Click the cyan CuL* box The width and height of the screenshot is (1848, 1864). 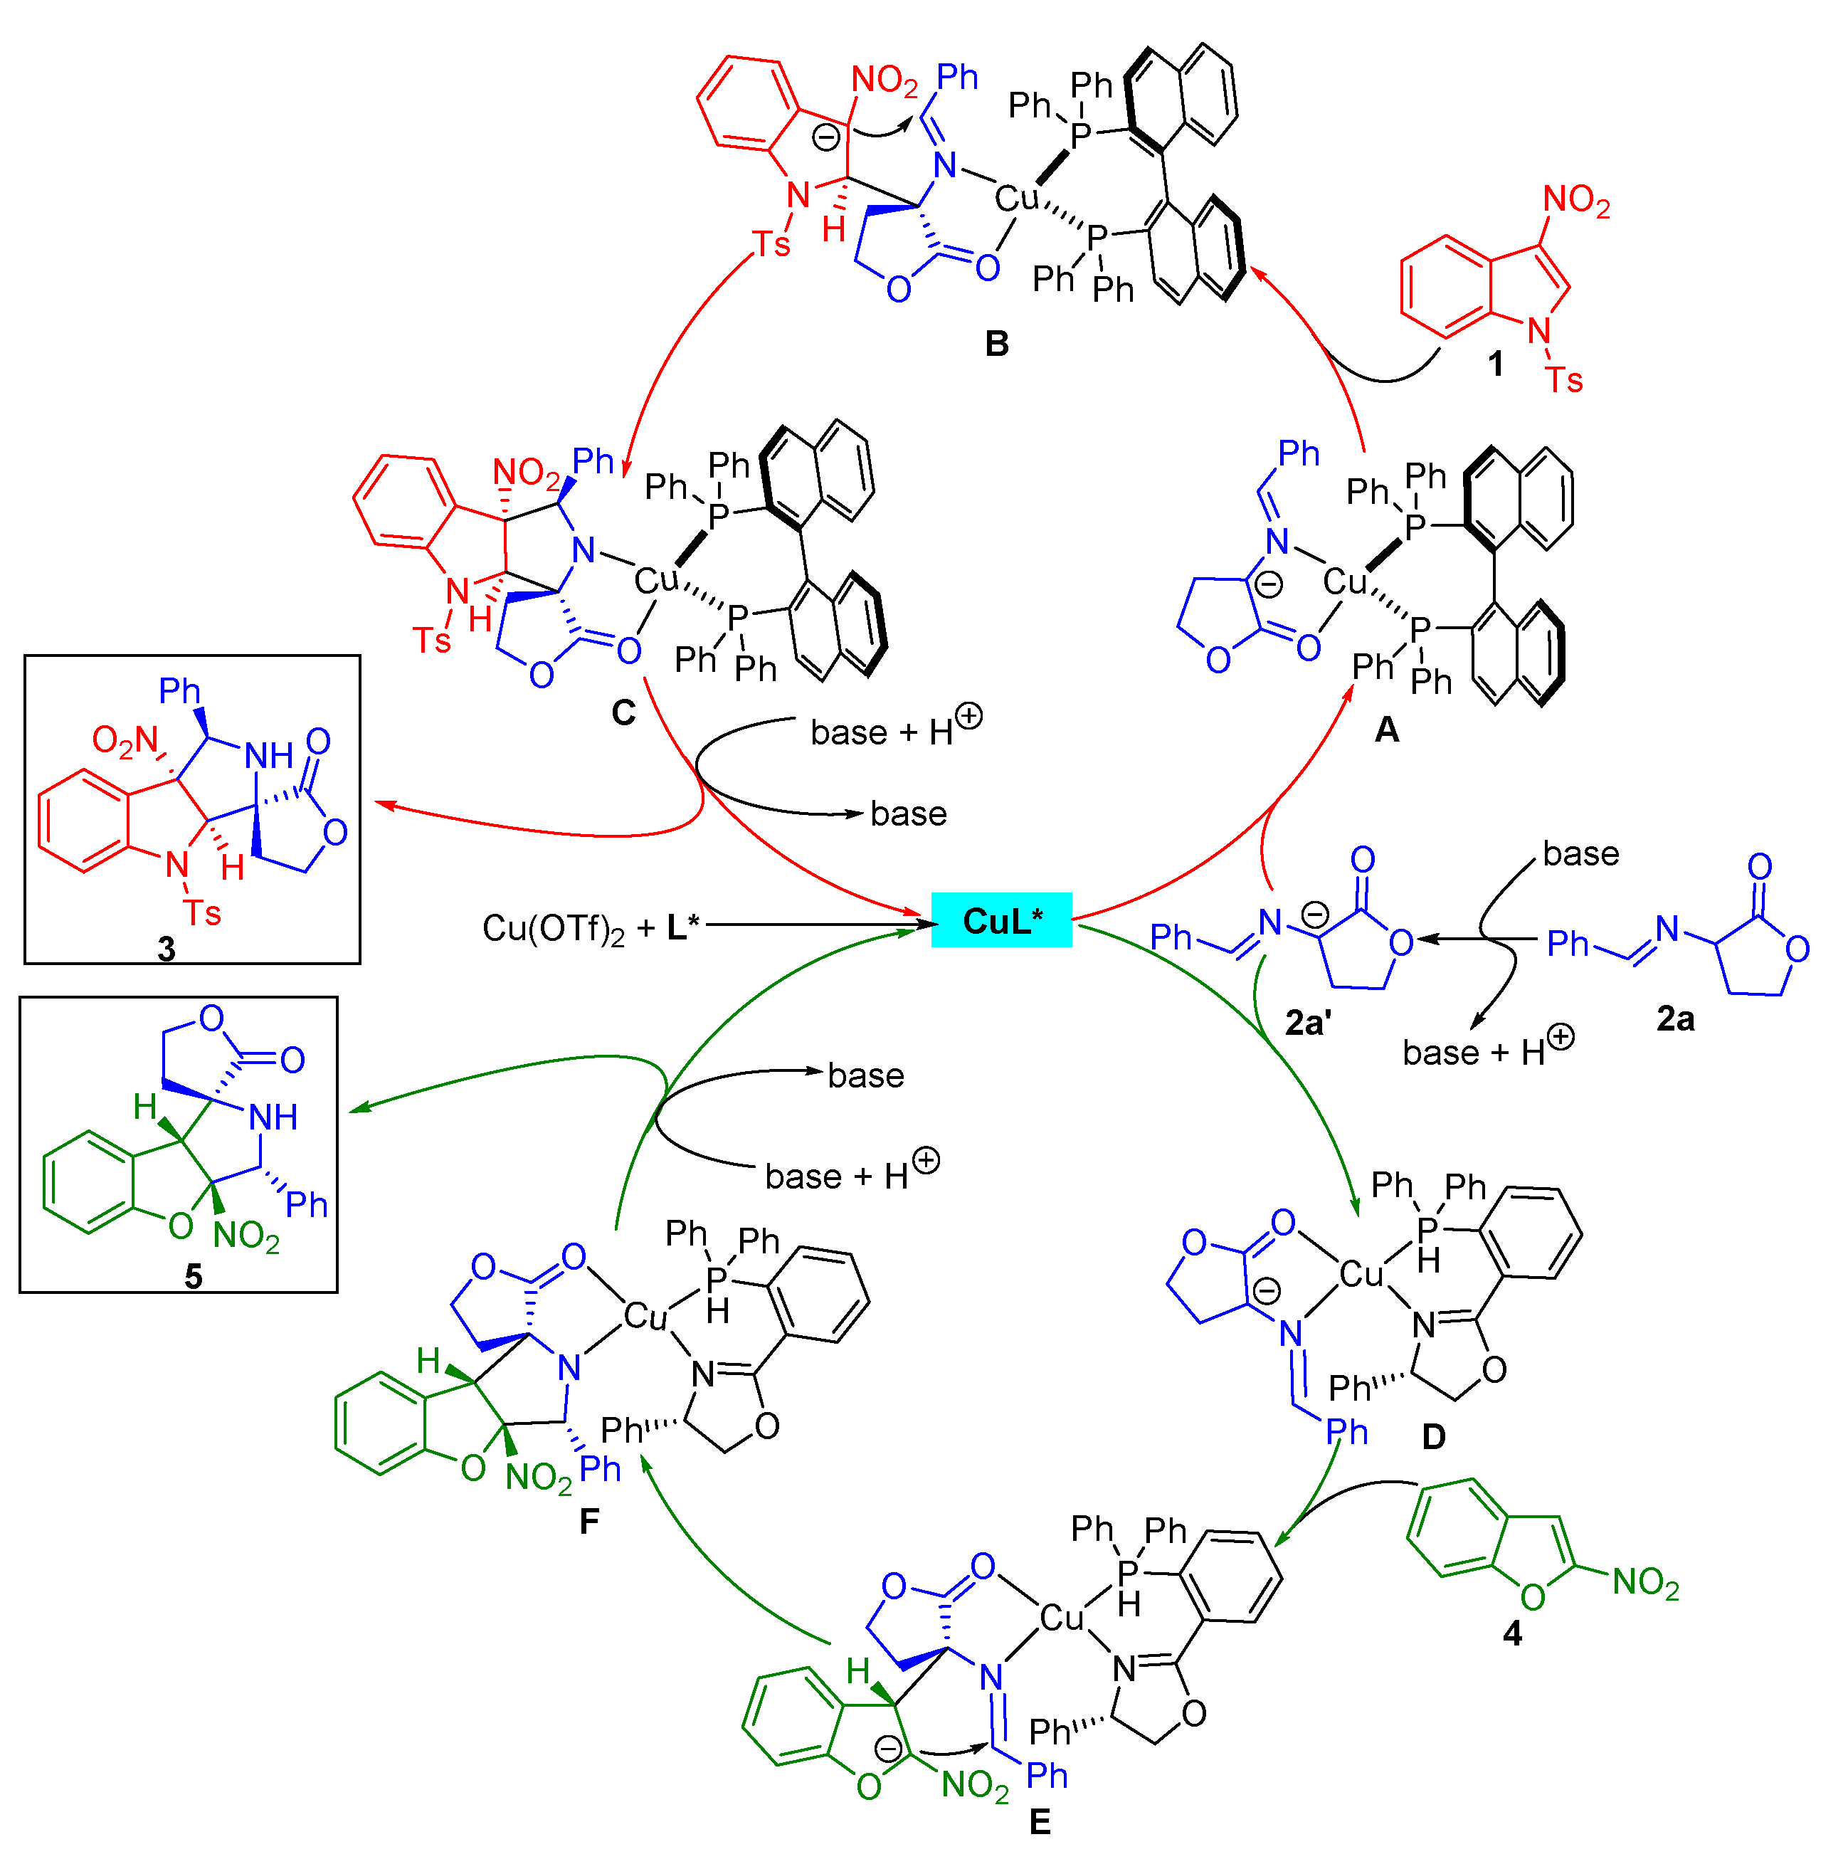[1000, 922]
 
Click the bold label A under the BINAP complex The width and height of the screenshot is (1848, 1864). [1386, 730]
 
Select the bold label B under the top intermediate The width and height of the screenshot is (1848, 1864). [996, 344]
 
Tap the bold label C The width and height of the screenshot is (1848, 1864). [623, 713]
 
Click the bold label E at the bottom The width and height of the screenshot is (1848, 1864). [1039, 1821]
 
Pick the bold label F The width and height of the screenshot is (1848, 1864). [588, 1522]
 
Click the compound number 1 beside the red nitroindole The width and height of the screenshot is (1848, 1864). [1495, 364]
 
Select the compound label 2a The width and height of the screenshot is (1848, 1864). [1675, 1019]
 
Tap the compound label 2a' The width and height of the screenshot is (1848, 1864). [1307, 1023]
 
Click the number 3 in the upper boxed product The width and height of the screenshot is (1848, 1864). [166, 949]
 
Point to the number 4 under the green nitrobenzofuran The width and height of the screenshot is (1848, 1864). [1512, 1633]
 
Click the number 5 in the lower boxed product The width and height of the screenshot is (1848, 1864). [193, 1276]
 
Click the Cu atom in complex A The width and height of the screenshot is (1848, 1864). [1344, 581]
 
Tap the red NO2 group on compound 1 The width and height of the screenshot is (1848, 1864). [1576, 201]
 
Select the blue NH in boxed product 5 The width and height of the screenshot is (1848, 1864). [273, 1117]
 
